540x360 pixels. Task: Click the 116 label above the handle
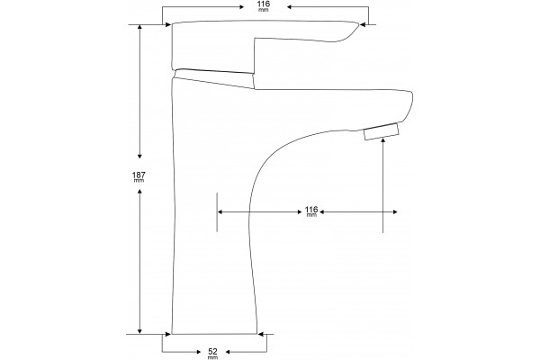[264, 4]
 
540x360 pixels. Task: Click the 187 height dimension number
[139, 175]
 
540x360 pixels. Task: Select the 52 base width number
[213, 352]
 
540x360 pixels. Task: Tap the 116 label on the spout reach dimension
[311, 210]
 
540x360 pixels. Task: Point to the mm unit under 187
[139, 181]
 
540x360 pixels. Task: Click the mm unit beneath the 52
[213, 357]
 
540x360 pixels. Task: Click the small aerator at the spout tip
[382, 131]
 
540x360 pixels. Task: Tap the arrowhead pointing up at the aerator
[383, 140]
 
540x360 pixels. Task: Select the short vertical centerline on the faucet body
[217, 211]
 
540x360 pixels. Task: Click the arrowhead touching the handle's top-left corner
[168, 24]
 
